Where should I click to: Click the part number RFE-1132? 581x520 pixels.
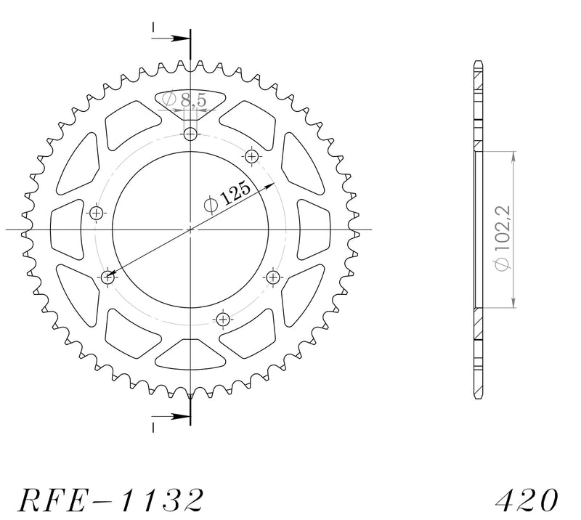pos(111,500)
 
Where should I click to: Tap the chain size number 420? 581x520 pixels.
pos(526,500)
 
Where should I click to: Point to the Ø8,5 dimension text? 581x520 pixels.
pos(184,99)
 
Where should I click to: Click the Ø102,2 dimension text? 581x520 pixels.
pos(503,237)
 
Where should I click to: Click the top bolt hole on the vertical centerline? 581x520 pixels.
pos(190,134)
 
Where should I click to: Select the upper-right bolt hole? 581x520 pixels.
pos(252,156)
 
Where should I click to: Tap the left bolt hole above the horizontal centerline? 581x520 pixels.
pos(97,213)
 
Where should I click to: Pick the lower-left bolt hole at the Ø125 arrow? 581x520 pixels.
pos(107,277)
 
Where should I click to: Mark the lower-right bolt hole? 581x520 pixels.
pos(273,277)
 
